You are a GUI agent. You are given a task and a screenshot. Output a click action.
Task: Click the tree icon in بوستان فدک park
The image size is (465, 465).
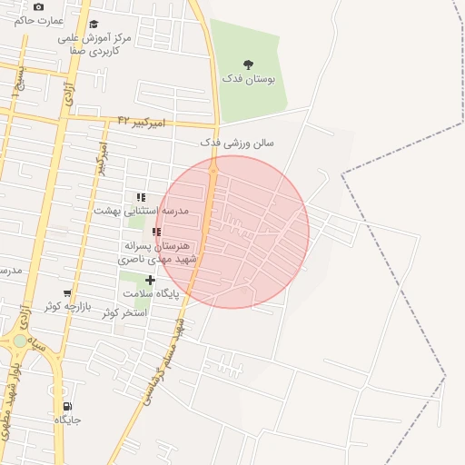249,64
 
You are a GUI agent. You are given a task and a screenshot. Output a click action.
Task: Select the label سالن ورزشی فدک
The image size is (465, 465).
237,143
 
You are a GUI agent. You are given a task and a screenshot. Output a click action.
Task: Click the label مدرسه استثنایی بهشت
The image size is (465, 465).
141,210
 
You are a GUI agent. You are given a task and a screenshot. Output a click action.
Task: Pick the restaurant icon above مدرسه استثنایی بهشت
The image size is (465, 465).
141,196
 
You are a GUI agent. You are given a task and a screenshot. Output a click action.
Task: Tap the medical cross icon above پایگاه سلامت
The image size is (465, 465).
150,281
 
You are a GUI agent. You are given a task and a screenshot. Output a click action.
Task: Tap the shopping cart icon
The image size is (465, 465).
66,293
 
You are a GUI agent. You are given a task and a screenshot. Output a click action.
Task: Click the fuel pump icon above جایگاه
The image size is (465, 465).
67,407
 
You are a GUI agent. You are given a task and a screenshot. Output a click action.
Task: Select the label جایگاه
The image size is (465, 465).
68,420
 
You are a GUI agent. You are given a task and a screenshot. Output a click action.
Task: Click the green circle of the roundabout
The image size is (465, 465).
20,341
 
